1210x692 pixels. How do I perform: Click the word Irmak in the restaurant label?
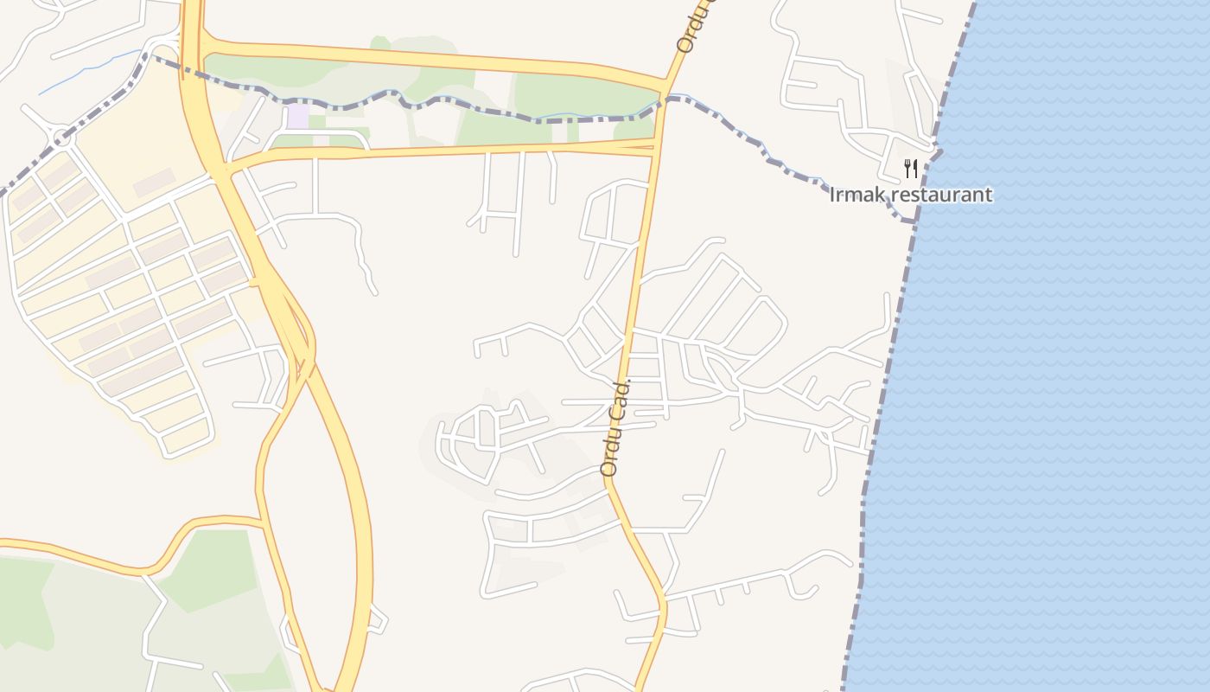coord(857,195)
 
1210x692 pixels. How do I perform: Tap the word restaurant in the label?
coord(941,195)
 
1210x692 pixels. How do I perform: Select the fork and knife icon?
coord(910,168)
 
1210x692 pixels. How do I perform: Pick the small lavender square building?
coord(298,116)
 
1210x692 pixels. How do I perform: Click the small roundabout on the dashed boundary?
coord(60,136)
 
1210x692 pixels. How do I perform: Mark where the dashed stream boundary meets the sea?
coord(913,221)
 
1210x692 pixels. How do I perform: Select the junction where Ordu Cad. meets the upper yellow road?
coord(664,86)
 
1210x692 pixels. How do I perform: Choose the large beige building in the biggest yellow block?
coord(156,183)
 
